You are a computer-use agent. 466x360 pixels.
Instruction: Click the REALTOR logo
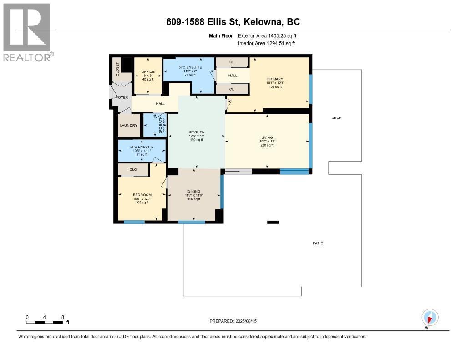(x=27, y=32)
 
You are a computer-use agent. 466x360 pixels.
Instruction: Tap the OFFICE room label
(x=148, y=71)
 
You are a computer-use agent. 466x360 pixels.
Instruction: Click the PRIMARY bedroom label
(x=275, y=79)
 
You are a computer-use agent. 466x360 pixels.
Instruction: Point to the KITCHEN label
(x=197, y=132)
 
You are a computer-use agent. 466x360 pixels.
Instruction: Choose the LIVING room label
(x=267, y=137)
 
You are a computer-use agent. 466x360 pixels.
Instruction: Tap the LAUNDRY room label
(x=128, y=126)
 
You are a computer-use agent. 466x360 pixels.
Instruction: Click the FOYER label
(x=122, y=97)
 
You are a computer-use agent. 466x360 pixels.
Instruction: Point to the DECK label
(x=336, y=118)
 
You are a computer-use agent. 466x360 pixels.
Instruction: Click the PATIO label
(x=318, y=243)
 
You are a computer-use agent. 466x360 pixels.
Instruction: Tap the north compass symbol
(x=430, y=317)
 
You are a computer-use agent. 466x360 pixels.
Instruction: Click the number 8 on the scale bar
(x=63, y=317)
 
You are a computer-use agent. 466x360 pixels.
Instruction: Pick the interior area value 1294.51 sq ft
(x=277, y=43)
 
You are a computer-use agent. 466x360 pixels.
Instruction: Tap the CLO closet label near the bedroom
(x=133, y=170)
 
